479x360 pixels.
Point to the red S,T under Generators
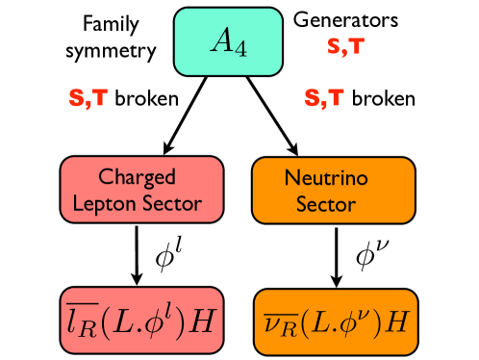[x=343, y=45]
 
